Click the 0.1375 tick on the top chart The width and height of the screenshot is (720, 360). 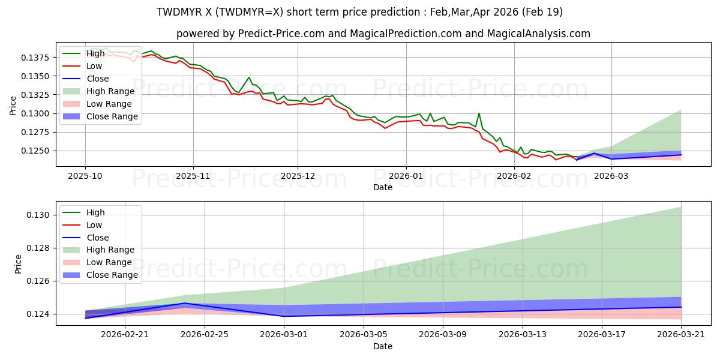(x=35, y=58)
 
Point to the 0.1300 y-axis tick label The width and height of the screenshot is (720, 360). (x=35, y=114)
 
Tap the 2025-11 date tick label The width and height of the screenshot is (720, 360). (x=193, y=176)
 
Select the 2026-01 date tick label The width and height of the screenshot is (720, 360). (x=406, y=176)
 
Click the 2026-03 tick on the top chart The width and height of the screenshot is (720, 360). (x=611, y=176)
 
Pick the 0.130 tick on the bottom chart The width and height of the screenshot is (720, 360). (x=38, y=215)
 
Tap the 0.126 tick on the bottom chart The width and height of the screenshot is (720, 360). (x=38, y=281)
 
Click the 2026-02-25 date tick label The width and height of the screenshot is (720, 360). (x=205, y=335)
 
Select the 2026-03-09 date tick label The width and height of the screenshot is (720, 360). (x=443, y=335)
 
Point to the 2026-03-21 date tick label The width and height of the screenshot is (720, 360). (x=681, y=335)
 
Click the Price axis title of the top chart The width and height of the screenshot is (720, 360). (x=13, y=106)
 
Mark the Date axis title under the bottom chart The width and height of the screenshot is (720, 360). (x=383, y=346)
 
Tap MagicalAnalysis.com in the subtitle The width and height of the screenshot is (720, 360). (x=539, y=34)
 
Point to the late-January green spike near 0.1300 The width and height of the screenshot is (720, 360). (x=479, y=113)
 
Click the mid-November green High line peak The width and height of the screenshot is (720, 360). (x=249, y=77)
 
